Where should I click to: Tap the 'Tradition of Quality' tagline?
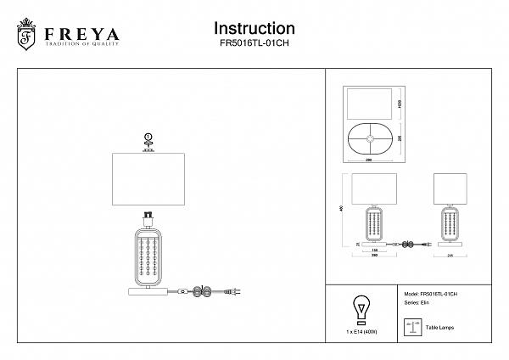81,47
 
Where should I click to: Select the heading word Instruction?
255,30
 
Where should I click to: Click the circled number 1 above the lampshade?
148,137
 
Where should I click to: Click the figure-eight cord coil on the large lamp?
201,292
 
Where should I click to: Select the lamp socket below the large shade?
148,217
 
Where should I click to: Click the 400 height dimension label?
340,209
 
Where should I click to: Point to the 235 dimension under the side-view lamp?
451,253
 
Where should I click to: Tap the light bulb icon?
360,309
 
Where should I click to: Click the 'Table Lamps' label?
439,326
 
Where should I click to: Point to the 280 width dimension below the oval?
369,160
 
